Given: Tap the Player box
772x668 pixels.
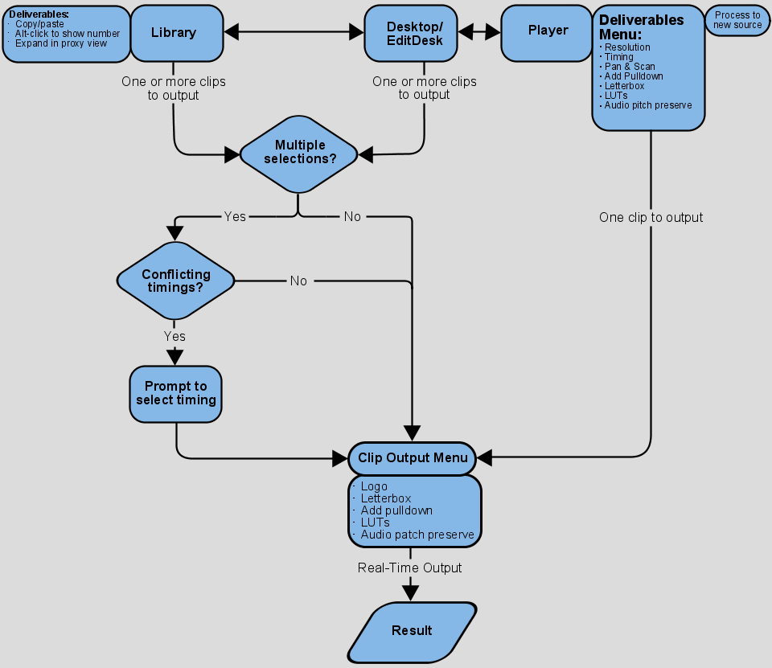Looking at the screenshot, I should (548, 31).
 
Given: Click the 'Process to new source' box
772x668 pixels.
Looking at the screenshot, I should (737, 20).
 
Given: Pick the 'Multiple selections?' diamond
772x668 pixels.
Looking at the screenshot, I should (299, 153).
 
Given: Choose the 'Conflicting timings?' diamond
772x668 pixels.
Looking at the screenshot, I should (175, 281).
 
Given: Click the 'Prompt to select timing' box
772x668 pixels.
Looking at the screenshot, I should (175, 394).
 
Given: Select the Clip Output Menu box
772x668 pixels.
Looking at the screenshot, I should (412, 458).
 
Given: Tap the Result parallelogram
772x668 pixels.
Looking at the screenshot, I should (412, 631).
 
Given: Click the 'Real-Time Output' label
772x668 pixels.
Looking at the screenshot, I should (409, 568).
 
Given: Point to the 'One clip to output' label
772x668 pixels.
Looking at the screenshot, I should (651, 218).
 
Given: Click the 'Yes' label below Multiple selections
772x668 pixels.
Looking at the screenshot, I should (235, 217).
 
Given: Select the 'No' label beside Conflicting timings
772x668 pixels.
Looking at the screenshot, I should (298, 281).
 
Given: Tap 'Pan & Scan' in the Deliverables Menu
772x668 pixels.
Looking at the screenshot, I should (630, 67).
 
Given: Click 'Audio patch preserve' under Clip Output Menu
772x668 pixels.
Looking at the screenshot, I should (417, 535).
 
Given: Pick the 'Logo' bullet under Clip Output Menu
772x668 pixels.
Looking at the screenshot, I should (374, 486).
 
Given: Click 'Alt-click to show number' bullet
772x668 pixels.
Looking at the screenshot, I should (68, 34).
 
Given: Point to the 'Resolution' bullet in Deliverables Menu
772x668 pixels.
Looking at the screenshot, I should (627, 47).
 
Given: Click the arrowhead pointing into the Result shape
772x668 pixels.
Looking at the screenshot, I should (411, 592).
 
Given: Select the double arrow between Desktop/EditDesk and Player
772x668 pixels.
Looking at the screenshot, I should (479, 32).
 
